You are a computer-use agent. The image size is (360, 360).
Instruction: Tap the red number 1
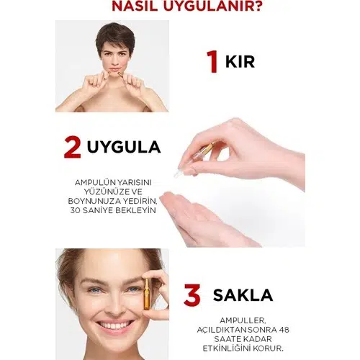click(213, 61)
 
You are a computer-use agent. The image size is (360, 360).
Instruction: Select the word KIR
click(240, 62)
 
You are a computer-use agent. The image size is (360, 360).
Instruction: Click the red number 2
click(73, 147)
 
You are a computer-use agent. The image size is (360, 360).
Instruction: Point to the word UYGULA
click(124, 147)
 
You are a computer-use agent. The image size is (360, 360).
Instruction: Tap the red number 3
click(192, 294)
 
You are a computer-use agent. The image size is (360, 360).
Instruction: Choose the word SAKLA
click(243, 295)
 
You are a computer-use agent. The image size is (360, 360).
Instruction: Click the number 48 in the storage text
click(284, 330)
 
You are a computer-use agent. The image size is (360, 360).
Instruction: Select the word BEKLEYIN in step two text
click(136, 210)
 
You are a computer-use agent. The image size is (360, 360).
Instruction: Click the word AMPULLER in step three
click(243, 320)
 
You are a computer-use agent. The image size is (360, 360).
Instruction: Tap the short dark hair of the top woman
click(115, 37)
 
